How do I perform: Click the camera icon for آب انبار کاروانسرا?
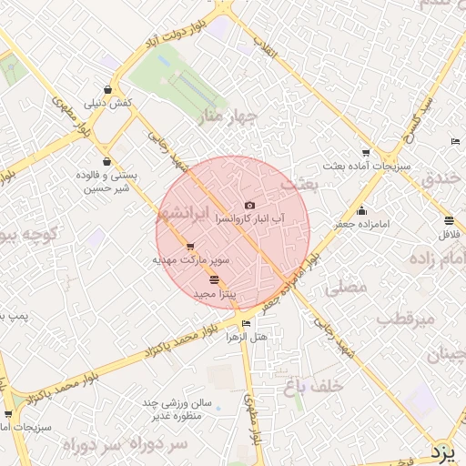coord(250,206)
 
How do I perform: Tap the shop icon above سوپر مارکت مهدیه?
coord(190,247)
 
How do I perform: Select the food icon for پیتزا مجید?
coord(214,280)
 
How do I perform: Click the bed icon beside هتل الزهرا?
coord(247,323)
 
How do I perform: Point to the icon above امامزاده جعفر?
coord(361,211)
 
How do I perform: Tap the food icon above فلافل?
coord(450,221)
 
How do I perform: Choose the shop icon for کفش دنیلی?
coord(109,90)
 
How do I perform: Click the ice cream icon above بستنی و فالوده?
coord(106,161)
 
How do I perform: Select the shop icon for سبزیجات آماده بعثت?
coord(366,153)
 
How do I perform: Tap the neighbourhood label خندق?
coord(445,177)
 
